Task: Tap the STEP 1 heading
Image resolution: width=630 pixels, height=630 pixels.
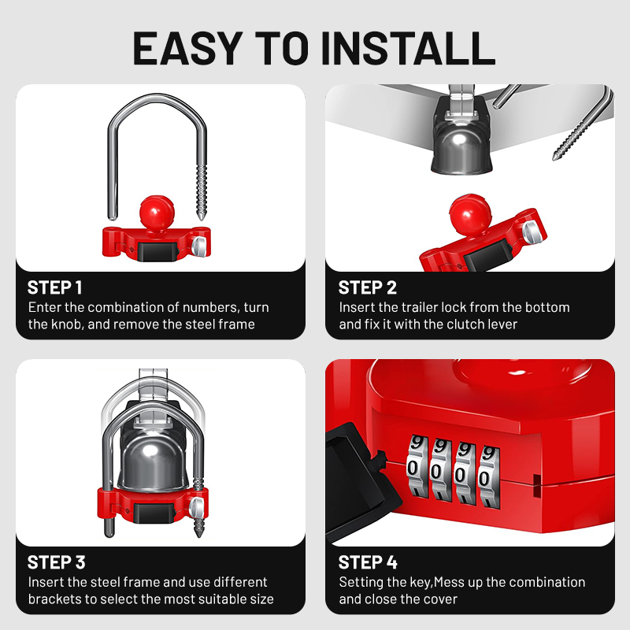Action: tap(54, 287)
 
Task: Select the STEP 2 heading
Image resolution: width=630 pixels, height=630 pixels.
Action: tap(367, 287)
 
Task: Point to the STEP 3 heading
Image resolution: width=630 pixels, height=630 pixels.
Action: tap(56, 562)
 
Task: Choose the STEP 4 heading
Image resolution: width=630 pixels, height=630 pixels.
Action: tap(368, 562)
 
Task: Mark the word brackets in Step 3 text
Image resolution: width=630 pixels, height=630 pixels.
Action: tap(56, 599)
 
